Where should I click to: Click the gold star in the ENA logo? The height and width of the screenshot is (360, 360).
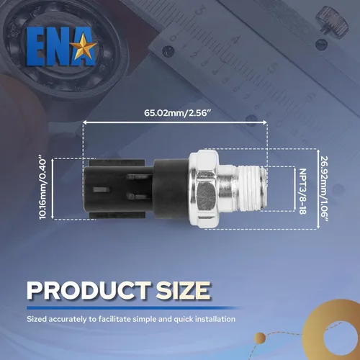[84, 46]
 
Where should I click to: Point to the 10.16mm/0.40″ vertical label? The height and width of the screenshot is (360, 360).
[43, 188]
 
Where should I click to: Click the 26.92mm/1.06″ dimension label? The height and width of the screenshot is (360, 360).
[325, 189]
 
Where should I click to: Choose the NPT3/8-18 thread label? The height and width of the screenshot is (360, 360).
[303, 191]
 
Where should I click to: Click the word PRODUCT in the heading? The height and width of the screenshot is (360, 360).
[89, 290]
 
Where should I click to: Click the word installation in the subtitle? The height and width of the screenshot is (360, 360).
[215, 319]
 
